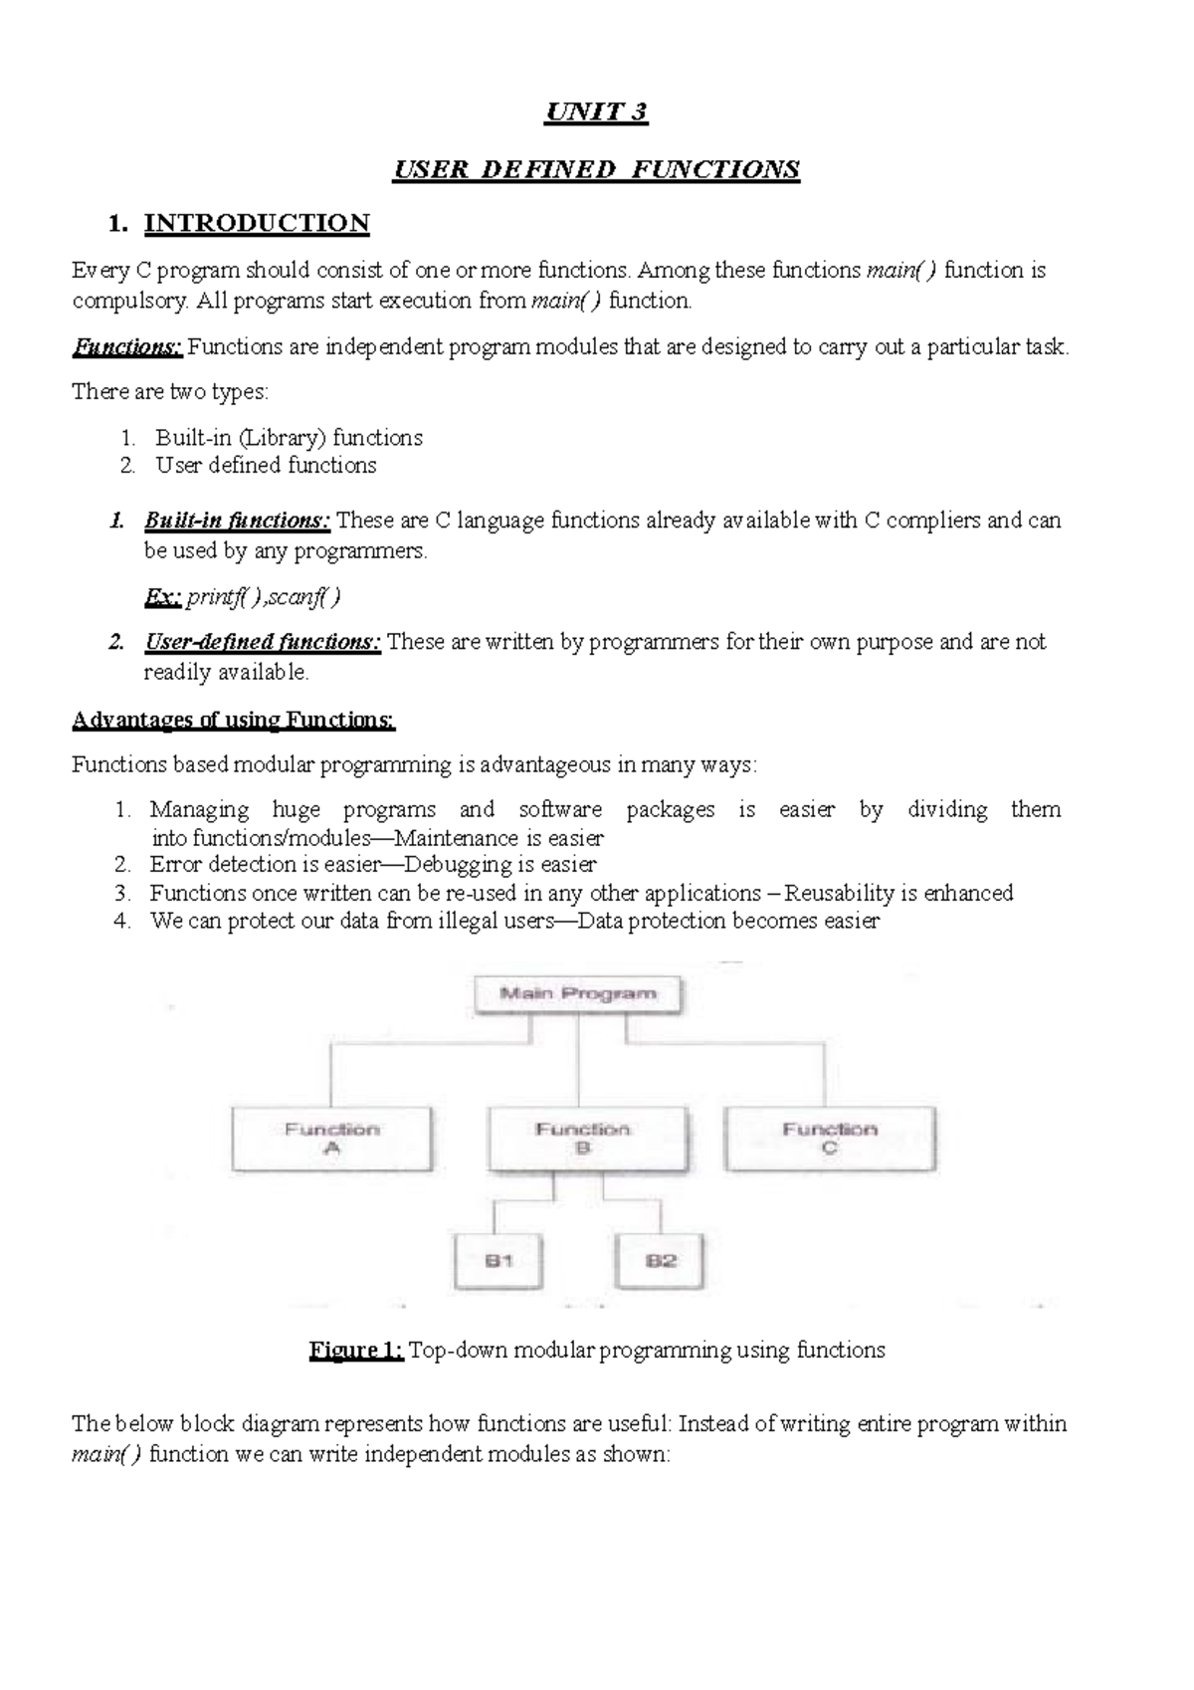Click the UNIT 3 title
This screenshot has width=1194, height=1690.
pyautogui.click(x=596, y=111)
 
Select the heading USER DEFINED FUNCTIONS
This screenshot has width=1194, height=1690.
pyautogui.click(x=596, y=169)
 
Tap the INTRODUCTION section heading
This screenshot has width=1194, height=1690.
pyautogui.click(x=257, y=223)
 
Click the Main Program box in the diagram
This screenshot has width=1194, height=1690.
pyautogui.click(x=578, y=994)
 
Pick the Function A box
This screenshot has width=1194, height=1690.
pyautogui.click(x=332, y=1139)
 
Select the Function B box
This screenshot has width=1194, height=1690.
pyautogui.click(x=587, y=1139)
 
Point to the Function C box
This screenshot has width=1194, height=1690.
pyautogui.click(x=830, y=1139)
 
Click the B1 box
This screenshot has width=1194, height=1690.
pyautogui.click(x=499, y=1261)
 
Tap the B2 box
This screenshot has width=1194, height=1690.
pyautogui.click(x=661, y=1261)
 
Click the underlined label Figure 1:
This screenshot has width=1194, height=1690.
pyautogui.click(x=356, y=1351)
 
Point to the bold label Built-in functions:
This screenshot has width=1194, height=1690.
pyautogui.click(x=238, y=521)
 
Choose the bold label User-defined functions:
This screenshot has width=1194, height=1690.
pyautogui.click(x=263, y=642)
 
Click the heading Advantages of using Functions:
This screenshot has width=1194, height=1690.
pyautogui.click(x=234, y=721)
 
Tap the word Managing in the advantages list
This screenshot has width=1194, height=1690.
pyautogui.click(x=199, y=810)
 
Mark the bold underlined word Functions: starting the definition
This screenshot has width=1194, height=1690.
pyautogui.click(x=127, y=347)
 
